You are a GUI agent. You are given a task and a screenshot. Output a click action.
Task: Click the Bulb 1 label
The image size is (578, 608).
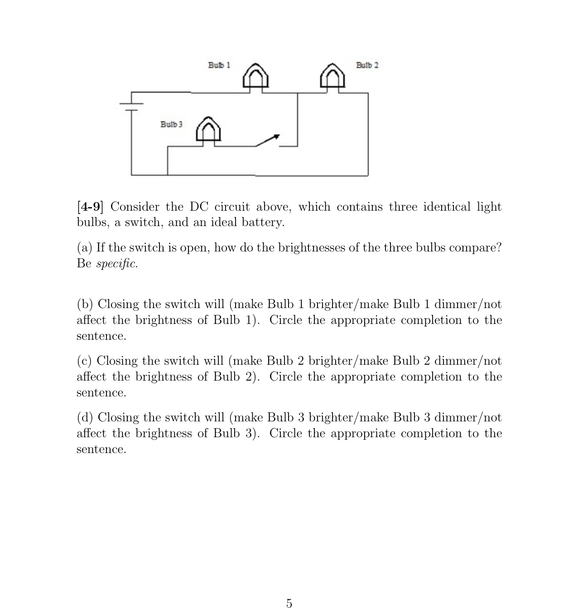coord(219,65)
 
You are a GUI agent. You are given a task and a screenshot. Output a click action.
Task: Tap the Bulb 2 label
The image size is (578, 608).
coord(367,65)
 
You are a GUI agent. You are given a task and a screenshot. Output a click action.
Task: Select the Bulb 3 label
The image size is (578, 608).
coord(171,124)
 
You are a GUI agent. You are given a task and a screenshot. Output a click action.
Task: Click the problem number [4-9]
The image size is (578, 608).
coord(90,207)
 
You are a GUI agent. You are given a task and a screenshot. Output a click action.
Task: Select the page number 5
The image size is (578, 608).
coord(289,603)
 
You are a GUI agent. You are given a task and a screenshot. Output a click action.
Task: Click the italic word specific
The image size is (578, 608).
coord(116,264)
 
